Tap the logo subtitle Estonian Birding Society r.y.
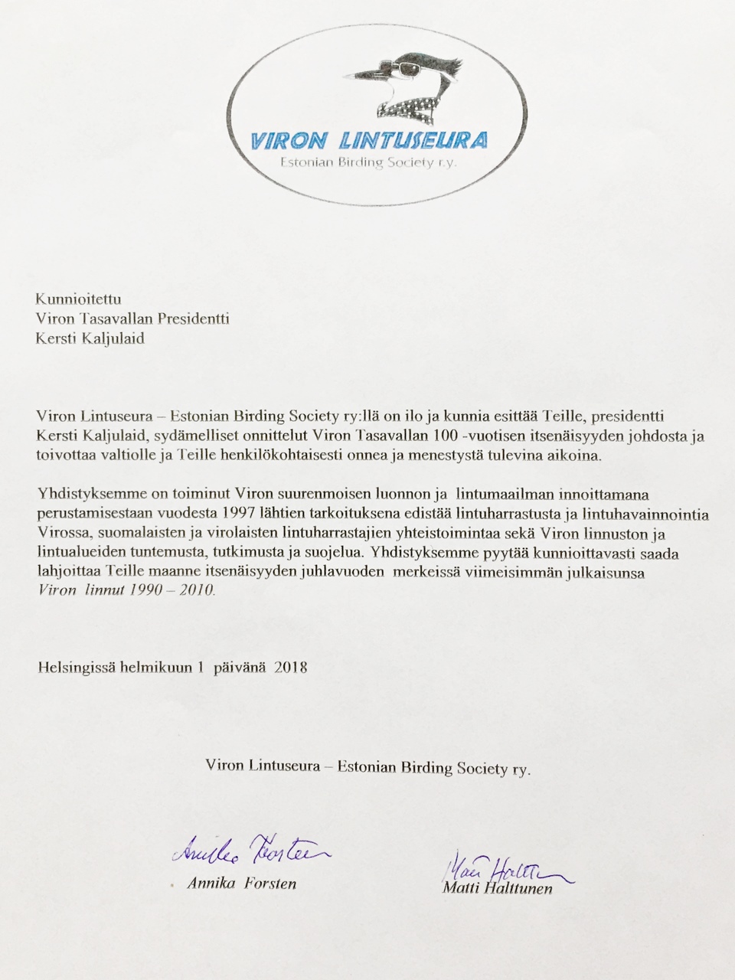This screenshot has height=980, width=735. pyautogui.click(x=368, y=163)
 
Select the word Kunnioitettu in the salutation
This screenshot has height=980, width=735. pyautogui.click(x=78, y=299)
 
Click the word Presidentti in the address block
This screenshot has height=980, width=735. pyautogui.click(x=193, y=318)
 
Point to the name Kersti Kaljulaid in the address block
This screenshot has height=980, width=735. pyautogui.click(x=90, y=338)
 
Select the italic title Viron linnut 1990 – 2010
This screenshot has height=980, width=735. pyautogui.click(x=126, y=590)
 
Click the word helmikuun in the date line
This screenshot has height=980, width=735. pyautogui.click(x=152, y=667)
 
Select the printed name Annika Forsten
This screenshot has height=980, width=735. pyautogui.click(x=241, y=883)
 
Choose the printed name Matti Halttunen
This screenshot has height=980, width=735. pyautogui.click(x=497, y=888)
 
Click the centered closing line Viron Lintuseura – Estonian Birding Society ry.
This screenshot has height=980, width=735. pyautogui.click(x=367, y=766)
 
